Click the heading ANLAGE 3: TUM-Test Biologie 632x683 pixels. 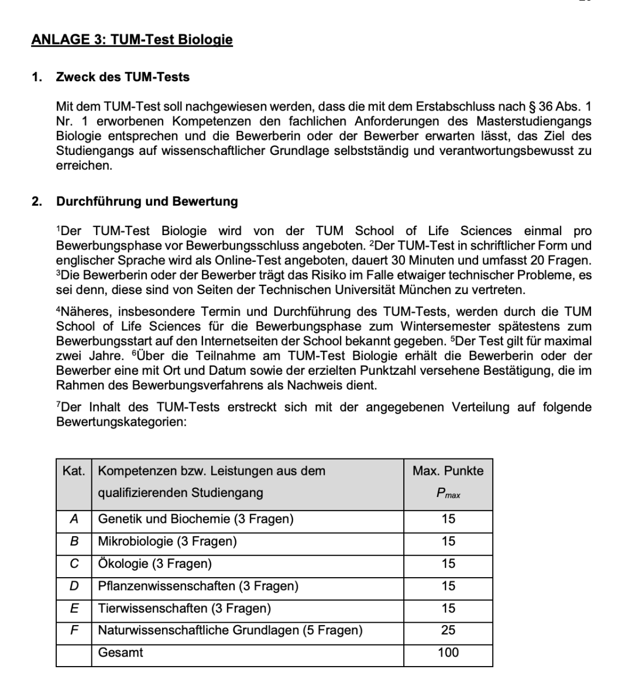tap(132, 40)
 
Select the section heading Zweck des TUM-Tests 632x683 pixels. tap(122, 77)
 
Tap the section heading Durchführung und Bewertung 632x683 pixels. tap(147, 201)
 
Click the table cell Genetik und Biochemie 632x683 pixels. tap(195, 519)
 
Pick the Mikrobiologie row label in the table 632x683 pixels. tap(167, 541)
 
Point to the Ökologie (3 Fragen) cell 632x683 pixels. tap(154, 564)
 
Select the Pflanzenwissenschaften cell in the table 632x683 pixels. tap(198, 586)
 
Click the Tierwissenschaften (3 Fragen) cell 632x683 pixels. tap(184, 608)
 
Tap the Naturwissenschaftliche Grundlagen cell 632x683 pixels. tap(230, 630)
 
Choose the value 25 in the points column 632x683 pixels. tap(448, 630)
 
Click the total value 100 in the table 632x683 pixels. tap(448, 653)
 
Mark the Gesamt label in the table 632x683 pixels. tap(121, 653)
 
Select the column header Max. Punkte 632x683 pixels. tap(448, 471)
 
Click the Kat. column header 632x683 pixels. tap(74, 471)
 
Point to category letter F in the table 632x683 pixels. tap(74, 630)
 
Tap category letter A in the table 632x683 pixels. tap(74, 519)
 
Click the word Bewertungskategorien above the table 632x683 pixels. tap(121, 421)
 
